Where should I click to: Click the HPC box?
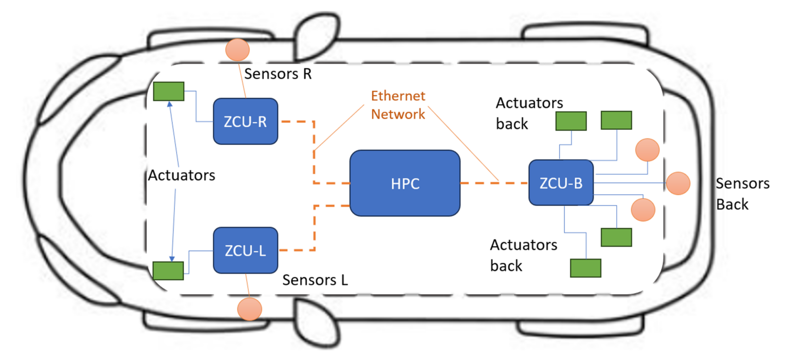(x=405, y=184)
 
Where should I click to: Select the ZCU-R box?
(x=246, y=122)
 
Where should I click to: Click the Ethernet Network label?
(x=399, y=105)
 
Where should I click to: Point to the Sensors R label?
(x=278, y=74)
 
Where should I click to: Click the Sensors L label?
(x=315, y=280)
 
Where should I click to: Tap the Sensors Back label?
(x=743, y=194)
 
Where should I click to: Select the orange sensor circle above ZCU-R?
(x=237, y=49)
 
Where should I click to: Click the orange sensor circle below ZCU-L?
(x=250, y=309)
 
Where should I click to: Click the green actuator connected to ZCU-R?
(x=169, y=91)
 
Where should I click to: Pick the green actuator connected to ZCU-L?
(x=168, y=270)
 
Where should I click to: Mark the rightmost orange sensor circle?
(x=677, y=183)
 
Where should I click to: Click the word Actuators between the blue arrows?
(x=181, y=176)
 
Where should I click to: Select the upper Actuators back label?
(x=529, y=113)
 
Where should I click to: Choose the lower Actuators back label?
(x=523, y=255)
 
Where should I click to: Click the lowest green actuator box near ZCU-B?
(x=586, y=268)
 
